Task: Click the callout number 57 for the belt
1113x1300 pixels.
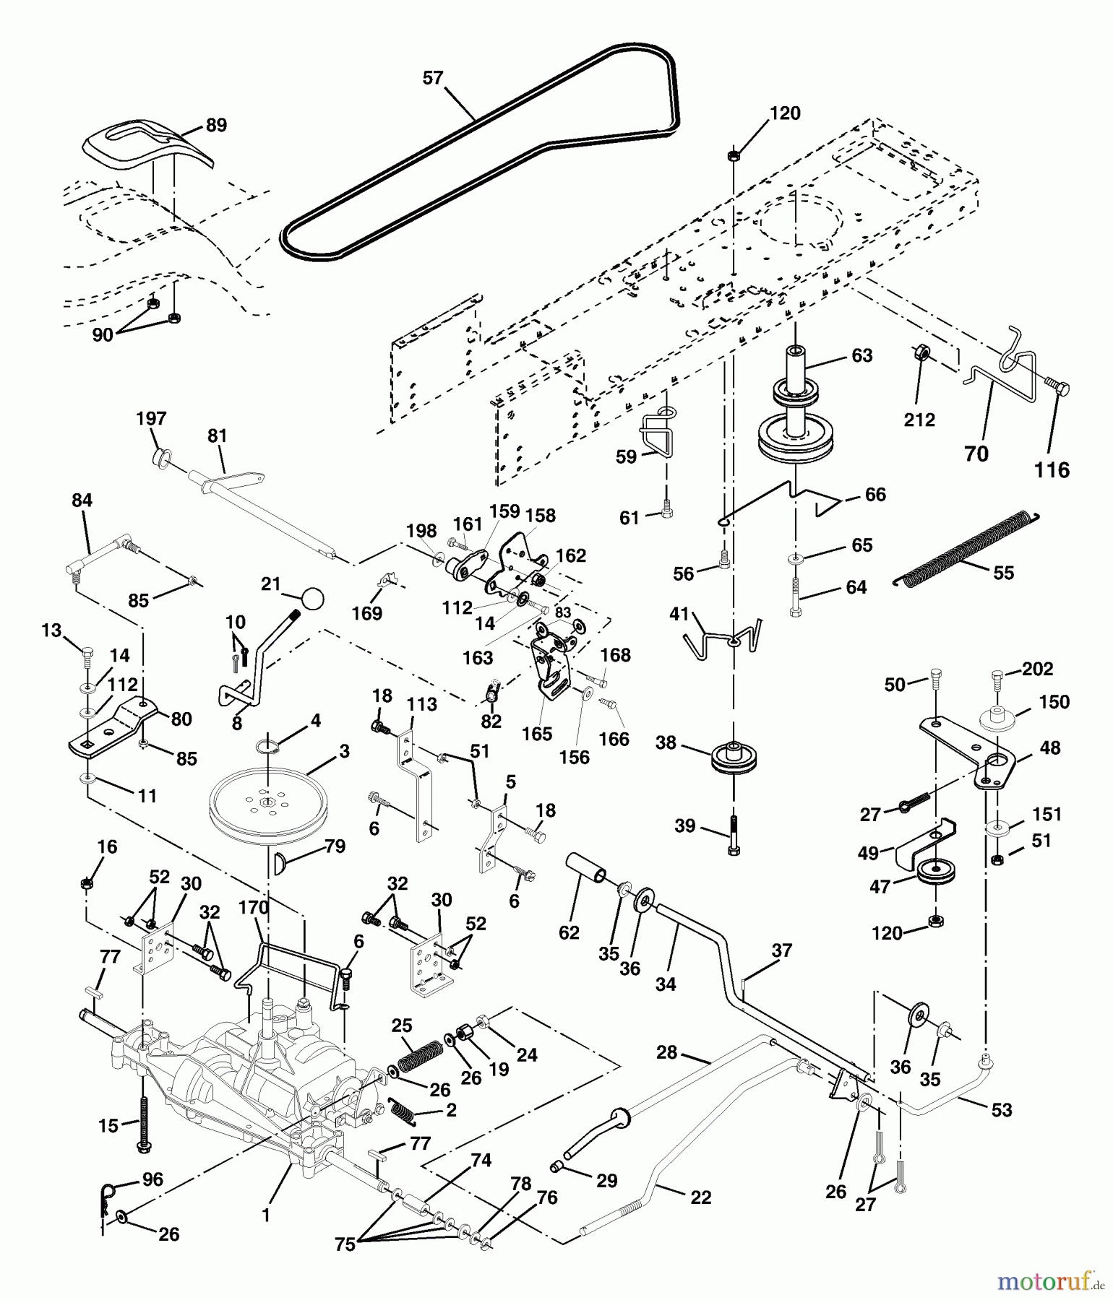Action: point(433,78)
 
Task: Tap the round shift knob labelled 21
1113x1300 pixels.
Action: point(312,599)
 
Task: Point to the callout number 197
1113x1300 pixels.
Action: point(151,418)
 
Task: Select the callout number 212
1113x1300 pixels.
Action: point(919,420)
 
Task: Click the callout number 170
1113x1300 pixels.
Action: point(254,908)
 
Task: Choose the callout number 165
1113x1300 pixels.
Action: point(537,734)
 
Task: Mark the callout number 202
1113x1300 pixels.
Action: point(1038,669)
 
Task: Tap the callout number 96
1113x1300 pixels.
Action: point(152,1179)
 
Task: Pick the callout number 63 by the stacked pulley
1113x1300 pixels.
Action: point(862,355)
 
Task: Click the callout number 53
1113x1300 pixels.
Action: point(1002,1110)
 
